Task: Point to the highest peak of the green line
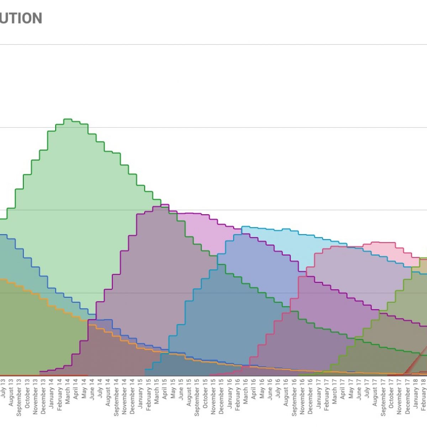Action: [x=68, y=119]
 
